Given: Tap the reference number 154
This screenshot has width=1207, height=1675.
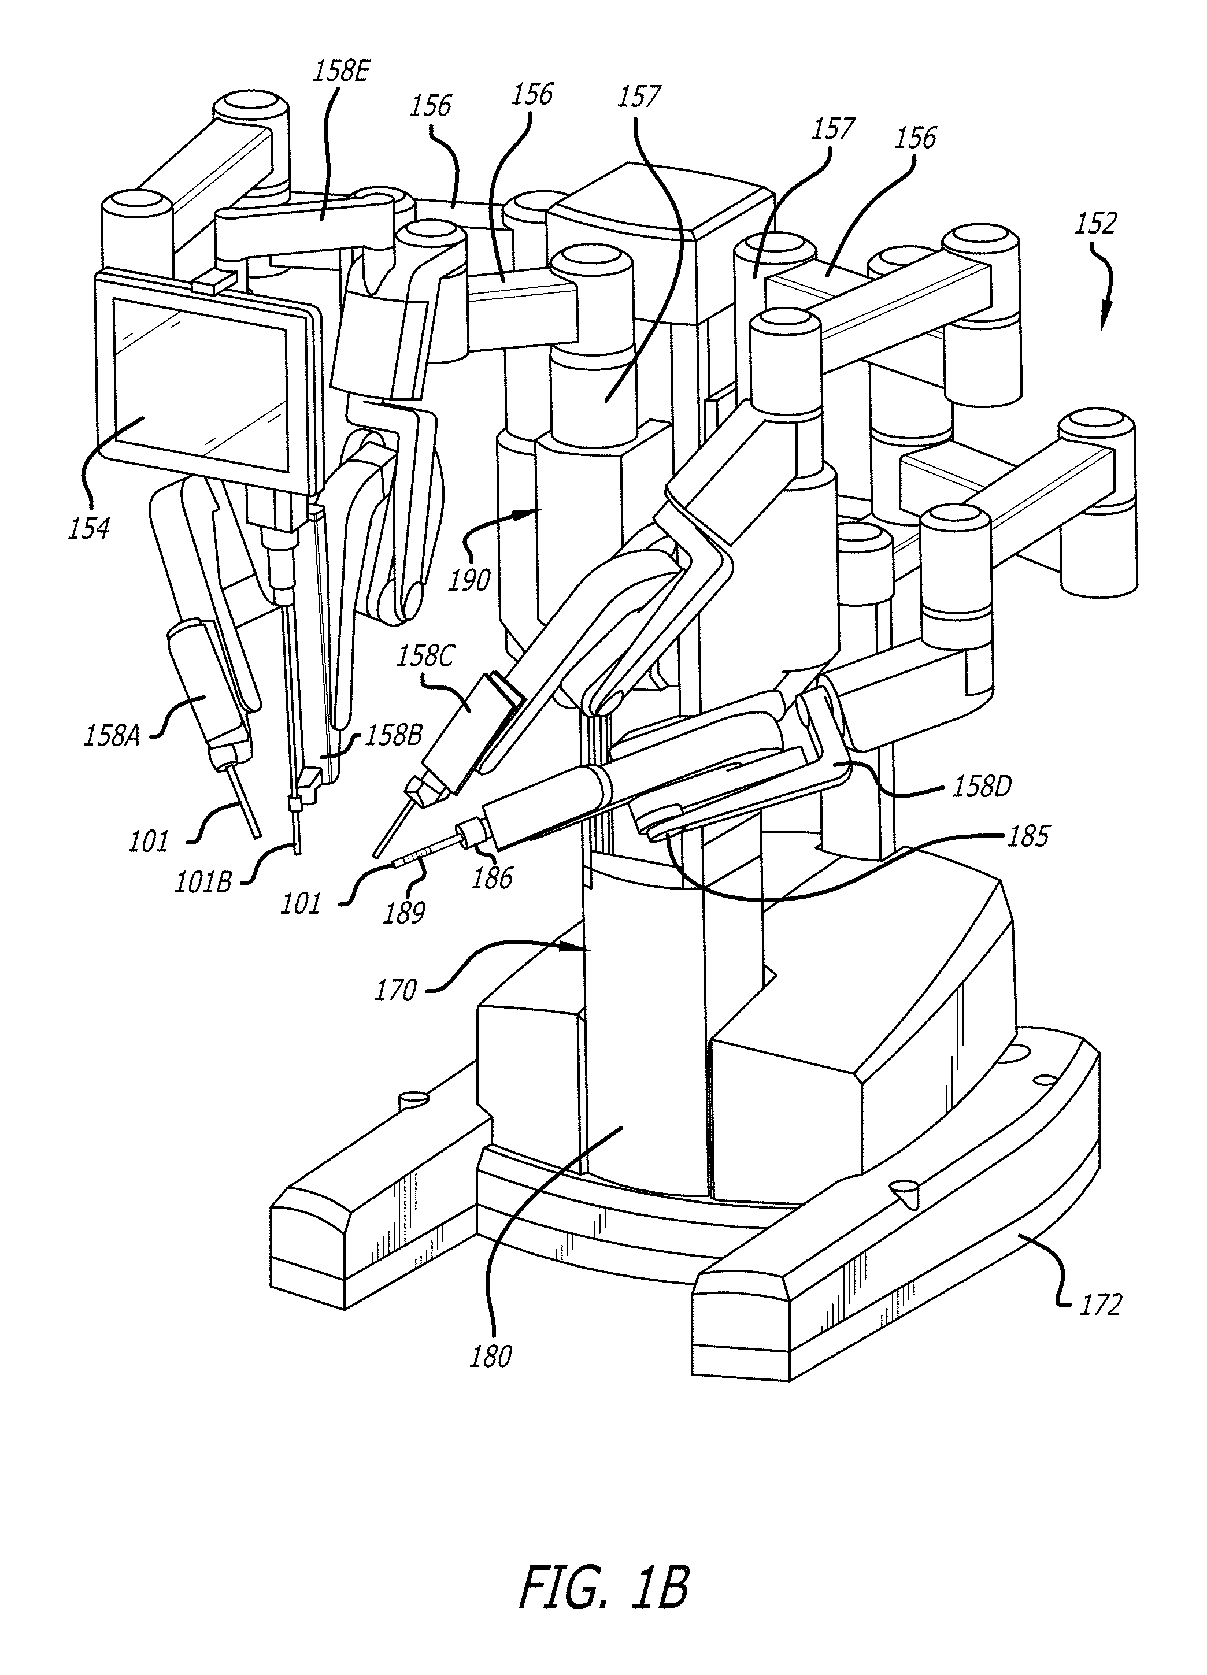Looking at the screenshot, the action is (x=88, y=528).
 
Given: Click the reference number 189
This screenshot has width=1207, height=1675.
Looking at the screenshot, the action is (x=404, y=913).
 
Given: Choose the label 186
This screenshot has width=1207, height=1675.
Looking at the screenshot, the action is (x=492, y=878).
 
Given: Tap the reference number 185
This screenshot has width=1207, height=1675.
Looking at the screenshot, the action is (x=1028, y=837).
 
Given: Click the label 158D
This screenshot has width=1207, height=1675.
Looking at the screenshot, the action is (x=981, y=787).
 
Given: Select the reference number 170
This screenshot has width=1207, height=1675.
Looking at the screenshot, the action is (x=395, y=990).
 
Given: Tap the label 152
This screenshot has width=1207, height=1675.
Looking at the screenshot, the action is (x=1095, y=223).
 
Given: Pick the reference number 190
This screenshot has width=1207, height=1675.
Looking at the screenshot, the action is (x=470, y=580).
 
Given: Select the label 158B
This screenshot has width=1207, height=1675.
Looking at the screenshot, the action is (x=393, y=736).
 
